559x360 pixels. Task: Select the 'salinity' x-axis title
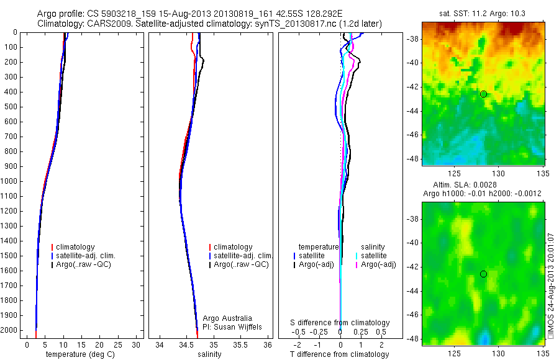click(208, 354)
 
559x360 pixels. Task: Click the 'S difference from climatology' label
click(340, 323)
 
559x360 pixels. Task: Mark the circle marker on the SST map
click(483, 94)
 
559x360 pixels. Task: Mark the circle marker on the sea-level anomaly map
click(483, 274)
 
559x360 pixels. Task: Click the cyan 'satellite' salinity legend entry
click(373, 256)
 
